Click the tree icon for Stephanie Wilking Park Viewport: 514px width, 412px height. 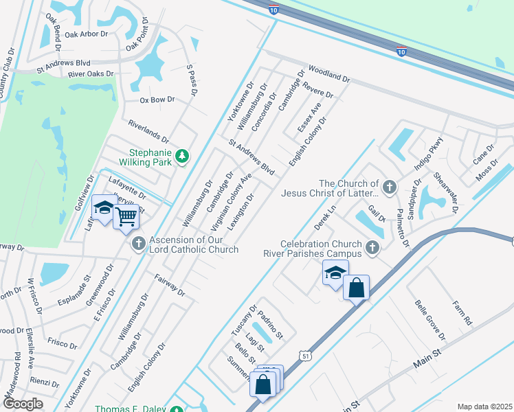click(x=181, y=156)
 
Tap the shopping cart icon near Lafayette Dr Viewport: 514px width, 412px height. click(x=126, y=217)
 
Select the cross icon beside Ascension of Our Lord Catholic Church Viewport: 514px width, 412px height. click(x=138, y=242)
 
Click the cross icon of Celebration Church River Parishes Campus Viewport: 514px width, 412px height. click(x=372, y=247)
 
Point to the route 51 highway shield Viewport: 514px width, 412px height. click(x=304, y=354)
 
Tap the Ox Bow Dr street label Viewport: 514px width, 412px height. click(x=153, y=100)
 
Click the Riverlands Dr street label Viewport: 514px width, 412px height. click(x=148, y=128)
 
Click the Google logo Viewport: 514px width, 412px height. click(x=22, y=404)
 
